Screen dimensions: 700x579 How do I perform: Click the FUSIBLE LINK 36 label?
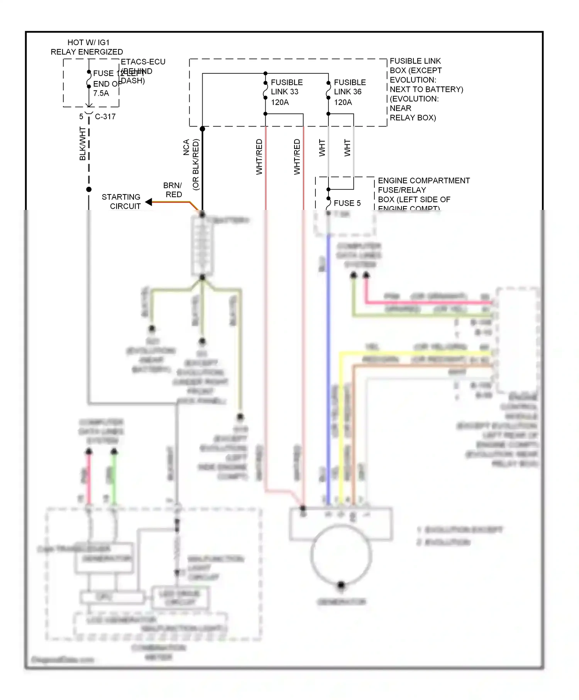point(349,87)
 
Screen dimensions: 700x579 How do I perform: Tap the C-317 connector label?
point(105,117)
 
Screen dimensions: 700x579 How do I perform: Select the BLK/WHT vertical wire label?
point(83,144)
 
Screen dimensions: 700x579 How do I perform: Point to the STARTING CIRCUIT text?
point(121,201)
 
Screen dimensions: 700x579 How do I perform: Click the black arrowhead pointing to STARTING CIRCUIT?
point(149,202)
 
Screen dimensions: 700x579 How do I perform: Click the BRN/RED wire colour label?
point(173,190)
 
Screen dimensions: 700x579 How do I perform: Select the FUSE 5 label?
point(347,203)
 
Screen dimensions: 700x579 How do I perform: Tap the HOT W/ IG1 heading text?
point(88,42)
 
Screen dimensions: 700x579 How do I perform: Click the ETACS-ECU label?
point(143,62)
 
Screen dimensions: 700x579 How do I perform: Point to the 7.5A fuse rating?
point(101,93)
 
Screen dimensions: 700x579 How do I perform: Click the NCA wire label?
point(186,147)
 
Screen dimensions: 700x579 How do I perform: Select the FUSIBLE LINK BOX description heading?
point(415,61)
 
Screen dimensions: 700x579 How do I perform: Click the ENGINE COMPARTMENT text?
point(423,181)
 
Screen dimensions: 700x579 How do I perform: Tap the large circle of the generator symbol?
point(341,556)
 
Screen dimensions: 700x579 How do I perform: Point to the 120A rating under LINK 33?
point(280,102)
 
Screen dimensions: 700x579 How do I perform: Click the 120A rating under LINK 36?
point(343,102)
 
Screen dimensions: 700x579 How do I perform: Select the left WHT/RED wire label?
point(259,157)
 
